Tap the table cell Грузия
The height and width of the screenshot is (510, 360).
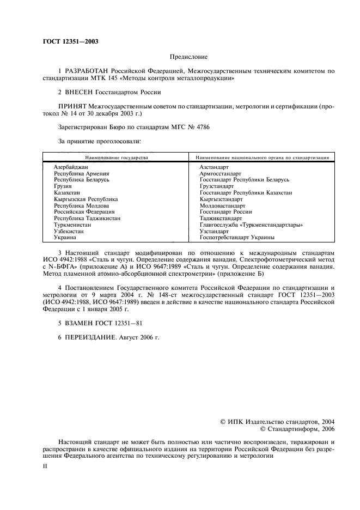pos(63,186)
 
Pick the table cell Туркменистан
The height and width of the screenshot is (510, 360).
pos(72,224)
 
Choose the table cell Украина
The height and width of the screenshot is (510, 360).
pos(66,238)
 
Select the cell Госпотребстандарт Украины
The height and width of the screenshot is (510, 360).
pos(237,238)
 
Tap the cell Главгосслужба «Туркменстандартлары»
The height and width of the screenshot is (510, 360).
pos(251,224)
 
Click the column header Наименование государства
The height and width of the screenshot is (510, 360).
pos(113,157)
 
